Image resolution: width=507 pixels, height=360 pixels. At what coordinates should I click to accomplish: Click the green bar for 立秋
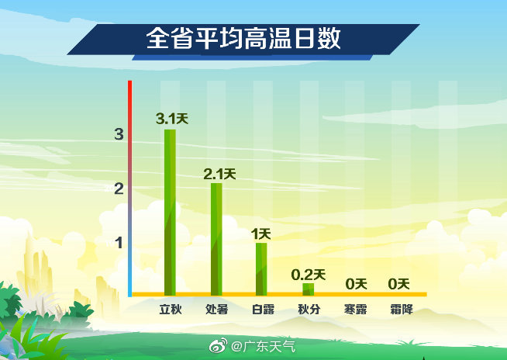170,213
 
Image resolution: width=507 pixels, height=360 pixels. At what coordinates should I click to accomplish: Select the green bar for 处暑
216,239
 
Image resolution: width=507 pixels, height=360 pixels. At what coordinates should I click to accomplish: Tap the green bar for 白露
261,269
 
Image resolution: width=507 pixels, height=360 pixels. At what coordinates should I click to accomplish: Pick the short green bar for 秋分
308,289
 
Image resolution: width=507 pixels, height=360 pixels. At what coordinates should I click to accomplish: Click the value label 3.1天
172,119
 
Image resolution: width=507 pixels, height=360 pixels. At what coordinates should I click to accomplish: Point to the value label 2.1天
219,175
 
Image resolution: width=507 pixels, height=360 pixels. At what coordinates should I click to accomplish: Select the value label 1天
261,234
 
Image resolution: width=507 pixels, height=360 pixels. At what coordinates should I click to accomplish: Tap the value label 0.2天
308,275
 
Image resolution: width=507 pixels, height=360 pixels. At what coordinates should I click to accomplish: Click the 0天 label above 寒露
357,284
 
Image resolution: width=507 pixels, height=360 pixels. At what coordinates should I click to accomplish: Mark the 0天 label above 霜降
398,284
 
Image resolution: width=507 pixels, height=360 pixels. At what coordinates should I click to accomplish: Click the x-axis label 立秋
171,310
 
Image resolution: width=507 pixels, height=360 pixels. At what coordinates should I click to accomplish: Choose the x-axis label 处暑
216,310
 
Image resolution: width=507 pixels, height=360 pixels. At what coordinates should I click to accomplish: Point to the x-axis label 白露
263,310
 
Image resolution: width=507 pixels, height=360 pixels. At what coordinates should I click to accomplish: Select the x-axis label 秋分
309,310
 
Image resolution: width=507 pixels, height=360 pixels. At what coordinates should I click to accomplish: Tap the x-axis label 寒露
355,310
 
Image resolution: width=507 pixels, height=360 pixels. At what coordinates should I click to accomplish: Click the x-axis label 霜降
402,310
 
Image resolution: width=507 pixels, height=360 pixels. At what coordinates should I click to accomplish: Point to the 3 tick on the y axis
119,134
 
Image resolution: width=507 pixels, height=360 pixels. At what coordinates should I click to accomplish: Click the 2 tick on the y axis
119,189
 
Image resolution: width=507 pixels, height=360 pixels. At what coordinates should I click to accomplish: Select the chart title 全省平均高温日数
243,38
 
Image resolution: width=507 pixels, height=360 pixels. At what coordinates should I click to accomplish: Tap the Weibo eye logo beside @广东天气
219,346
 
